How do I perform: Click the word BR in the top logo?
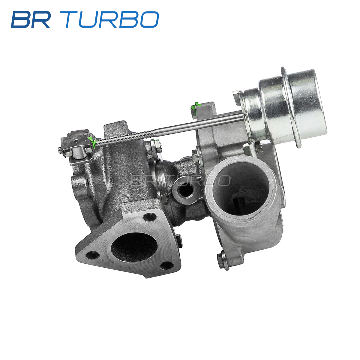31,19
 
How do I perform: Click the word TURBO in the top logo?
112,19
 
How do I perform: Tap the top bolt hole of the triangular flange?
149,217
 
